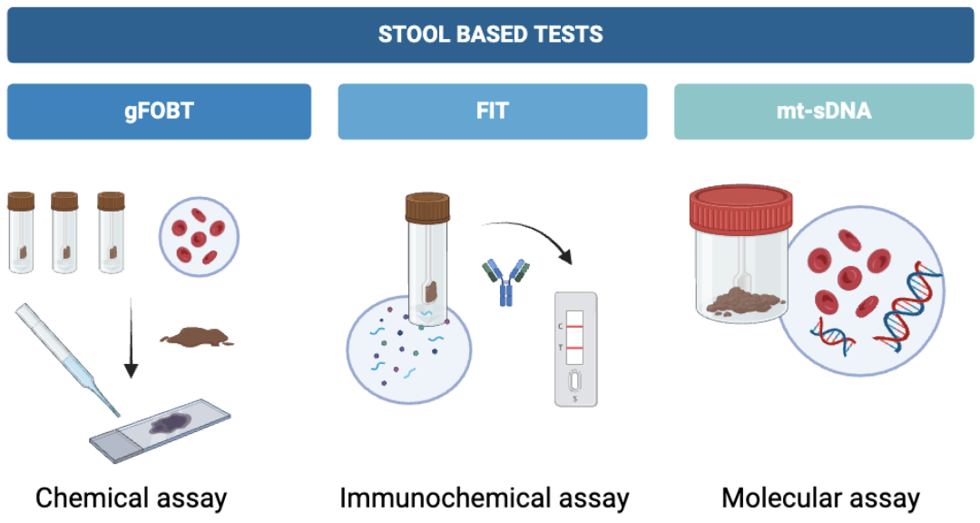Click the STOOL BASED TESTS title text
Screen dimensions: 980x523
click(x=490, y=34)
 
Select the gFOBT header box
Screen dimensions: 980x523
click(x=159, y=112)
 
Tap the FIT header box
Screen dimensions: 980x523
click(x=493, y=112)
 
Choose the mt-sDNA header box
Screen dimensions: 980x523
click(x=824, y=112)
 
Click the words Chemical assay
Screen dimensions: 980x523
click(x=132, y=498)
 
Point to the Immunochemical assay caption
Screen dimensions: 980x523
click(x=485, y=498)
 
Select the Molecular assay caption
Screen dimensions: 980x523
click(x=820, y=498)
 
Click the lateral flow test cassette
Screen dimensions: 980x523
click(x=575, y=349)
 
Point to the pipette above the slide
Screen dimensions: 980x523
click(x=66, y=359)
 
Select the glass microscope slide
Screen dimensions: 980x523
click(x=161, y=431)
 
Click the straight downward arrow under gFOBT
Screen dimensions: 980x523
click(x=131, y=338)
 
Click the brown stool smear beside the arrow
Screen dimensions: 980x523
click(x=198, y=336)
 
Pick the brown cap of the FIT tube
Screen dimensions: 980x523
click(x=427, y=208)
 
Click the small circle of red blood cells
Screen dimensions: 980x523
click(x=199, y=237)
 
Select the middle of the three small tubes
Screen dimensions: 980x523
click(x=64, y=232)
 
